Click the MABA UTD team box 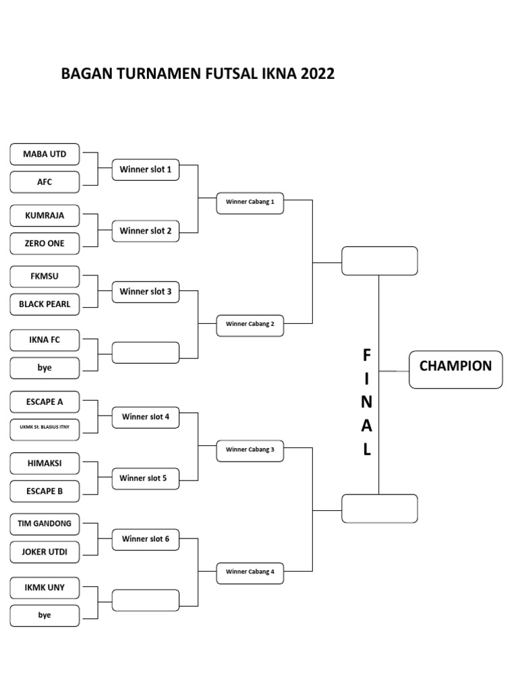coord(45,154)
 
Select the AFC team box coord(45,182)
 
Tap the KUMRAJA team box coord(45,215)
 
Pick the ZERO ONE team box coord(45,243)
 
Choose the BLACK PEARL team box coord(45,304)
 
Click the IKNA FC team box coord(45,339)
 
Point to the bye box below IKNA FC coord(45,368)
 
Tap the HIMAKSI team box coord(45,463)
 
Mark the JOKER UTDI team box coord(45,552)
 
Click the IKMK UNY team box coord(45,587)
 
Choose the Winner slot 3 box coord(146,292)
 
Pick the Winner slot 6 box coord(146,538)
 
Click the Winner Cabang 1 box coord(250,202)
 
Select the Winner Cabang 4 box coord(250,572)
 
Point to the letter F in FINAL coord(366,355)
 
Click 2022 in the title coord(318,74)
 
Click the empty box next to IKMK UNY coord(146,600)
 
